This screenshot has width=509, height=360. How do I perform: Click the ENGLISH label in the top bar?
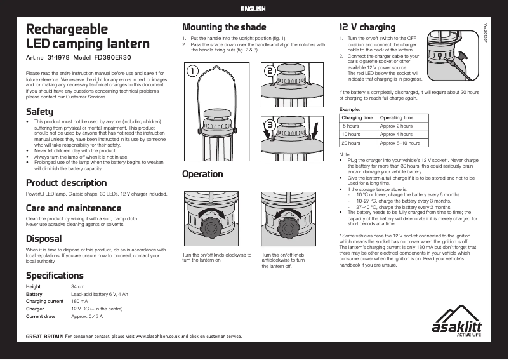click(x=254, y=9)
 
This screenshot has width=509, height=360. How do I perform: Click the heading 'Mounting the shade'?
click(x=224, y=27)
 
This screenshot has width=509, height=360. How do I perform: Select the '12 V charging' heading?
click(x=367, y=27)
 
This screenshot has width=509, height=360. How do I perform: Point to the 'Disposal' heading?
click(x=44, y=239)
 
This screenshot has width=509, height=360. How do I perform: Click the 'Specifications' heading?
click(x=55, y=276)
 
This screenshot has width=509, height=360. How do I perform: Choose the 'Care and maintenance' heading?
click(x=73, y=208)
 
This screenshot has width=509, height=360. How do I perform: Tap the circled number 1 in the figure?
click(x=191, y=72)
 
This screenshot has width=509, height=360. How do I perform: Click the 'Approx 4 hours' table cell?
click(x=396, y=135)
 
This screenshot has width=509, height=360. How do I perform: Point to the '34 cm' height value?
click(x=77, y=287)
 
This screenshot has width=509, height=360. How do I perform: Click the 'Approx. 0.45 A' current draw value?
click(x=87, y=316)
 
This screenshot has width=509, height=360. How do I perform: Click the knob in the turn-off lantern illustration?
click(x=288, y=227)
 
